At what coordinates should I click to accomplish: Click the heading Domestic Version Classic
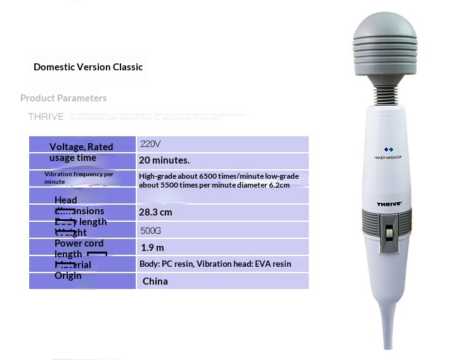(x=88, y=67)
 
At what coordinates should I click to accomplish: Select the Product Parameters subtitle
(x=63, y=98)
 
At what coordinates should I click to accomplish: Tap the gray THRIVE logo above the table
(x=46, y=117)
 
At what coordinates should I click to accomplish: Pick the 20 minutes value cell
(x=164, y=160)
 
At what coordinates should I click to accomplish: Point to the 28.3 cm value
(x=155, y=212)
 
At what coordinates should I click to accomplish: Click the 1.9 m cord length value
(x=152, y=247)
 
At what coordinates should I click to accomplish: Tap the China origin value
(x=155, y=281)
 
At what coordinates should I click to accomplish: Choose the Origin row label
(x=68, y=276)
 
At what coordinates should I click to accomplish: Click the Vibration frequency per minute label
(x=79, y=177)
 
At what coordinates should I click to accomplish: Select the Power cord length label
(x=79, y=248)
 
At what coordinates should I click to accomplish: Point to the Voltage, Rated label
(x=81, y=146)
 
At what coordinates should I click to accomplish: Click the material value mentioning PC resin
(x=215, y=264)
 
